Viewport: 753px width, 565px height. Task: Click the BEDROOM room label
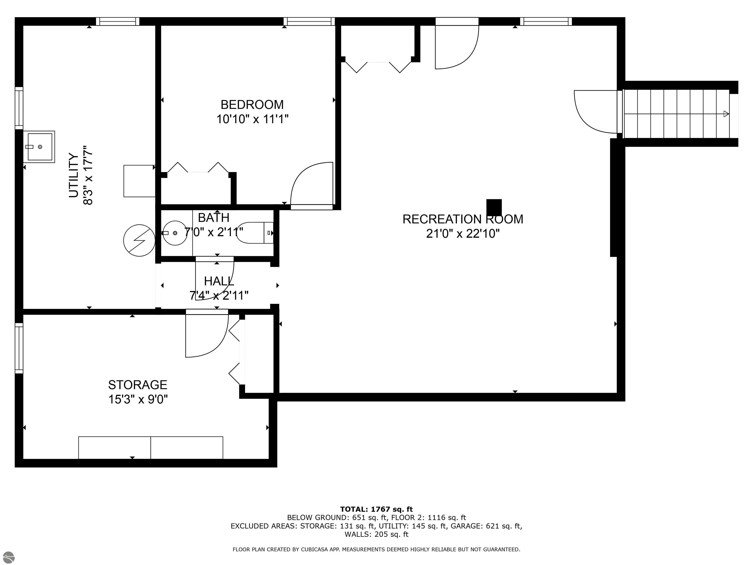(252, 104)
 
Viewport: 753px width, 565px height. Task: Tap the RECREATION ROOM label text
(463, 219)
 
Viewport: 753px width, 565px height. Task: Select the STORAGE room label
(138, 385)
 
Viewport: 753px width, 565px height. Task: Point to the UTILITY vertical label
(74, 175)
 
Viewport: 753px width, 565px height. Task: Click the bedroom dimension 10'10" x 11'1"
(252, 119)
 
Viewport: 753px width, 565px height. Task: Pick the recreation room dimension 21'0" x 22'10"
(463, 234)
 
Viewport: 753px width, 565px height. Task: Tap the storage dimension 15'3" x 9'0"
(138, 399)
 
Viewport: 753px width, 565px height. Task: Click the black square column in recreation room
(494, 208)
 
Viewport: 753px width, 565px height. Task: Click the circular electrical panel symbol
(139, 240)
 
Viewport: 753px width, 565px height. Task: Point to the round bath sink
(175, 233)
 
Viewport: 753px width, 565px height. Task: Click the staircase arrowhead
(726, 114)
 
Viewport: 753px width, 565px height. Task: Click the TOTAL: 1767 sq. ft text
(376, 509)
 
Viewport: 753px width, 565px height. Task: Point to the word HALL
(219, 281)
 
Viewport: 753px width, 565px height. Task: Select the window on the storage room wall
(19, 348)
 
